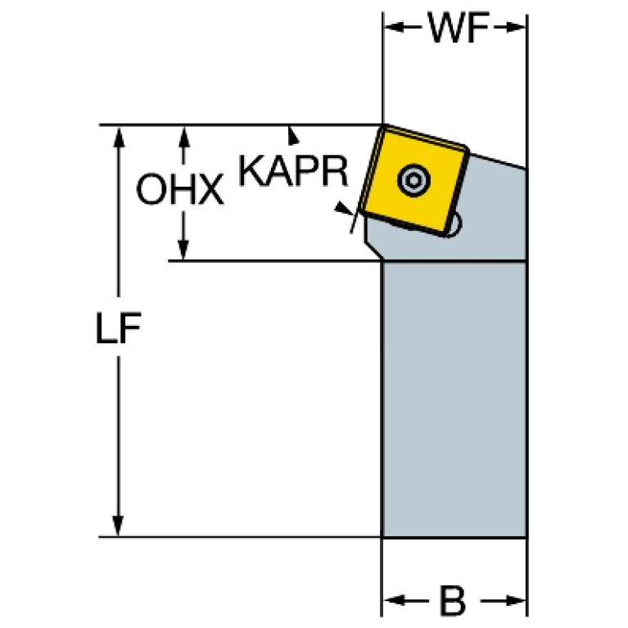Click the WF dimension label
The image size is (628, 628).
[x=459, y=27]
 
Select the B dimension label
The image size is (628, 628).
[x=453, y=600]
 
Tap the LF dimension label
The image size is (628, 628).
[x=119, y=328]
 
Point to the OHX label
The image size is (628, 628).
[x=180, y=189]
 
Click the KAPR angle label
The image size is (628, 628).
[x=293, y=171]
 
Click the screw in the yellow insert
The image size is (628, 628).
[x=414, y=180]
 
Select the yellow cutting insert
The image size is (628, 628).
[x=413, y=180]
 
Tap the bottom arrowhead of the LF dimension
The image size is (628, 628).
[x=118, y=526]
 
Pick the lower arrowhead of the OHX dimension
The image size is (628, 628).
[x=183, y=250]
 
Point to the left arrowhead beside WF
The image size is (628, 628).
[x=395, y=27]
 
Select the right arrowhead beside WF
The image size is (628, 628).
[x=516, y=27]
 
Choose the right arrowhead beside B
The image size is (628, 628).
[x=515, y=600]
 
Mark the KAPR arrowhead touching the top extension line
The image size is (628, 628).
[x=293, y=135]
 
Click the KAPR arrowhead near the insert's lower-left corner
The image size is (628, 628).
[x=344, y=208]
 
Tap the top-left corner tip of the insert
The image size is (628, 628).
[x=383, y=125]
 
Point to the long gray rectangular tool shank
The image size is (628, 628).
[x=454, y=400]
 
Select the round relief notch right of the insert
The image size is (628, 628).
[x=455, y=224]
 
